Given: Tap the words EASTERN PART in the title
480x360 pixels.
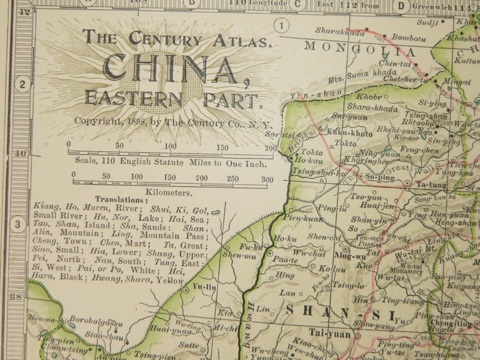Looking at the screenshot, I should tap(174, 98).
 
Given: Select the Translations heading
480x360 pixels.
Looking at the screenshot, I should tap(121, 199).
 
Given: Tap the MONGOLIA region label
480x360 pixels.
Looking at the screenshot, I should tap(360, 48).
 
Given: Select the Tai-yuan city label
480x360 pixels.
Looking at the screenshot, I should tap(330, 332).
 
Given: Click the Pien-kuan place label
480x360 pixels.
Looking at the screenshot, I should tap(301, 217).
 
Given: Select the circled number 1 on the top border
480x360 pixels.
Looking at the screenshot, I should tap(282, 25).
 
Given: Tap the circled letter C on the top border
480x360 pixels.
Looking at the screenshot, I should tap(297, 5).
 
